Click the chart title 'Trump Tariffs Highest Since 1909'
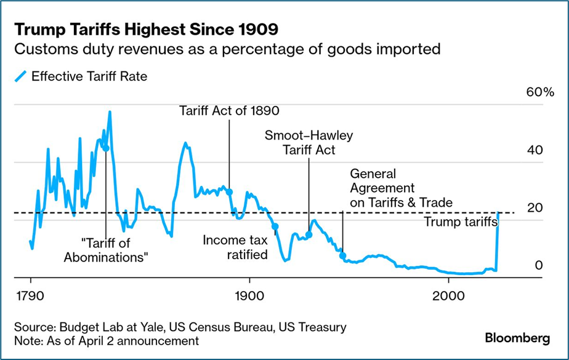pyautogui.click(x=146, y=29)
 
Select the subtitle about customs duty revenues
pyautogui.click(x=227, y=49)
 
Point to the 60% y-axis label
pyautogui.click(x=540, y=93)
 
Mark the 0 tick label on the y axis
pyautogui.click(x=538, y=265)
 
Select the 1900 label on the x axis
pyautogui.click(x=249, y=293)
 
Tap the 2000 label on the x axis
pyautogui.click(x=448, y=293)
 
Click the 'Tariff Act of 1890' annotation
pyautogui.click(x=229, y=111)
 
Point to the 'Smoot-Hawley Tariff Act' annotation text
pyautogui.click(x=309, y=143)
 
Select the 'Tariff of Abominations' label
pyautogui.click(x=106, y=250)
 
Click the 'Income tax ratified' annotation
pyautogui.click(x=235, y=246)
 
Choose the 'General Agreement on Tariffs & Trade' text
pyautogui.click(x=400, y=188)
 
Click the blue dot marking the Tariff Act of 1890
pyautogui.click(x=229, y=192)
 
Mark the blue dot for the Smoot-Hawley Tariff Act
pyautogui.click(x=309, y=234)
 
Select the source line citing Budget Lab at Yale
pyautogui.click(x=180, y=327)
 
